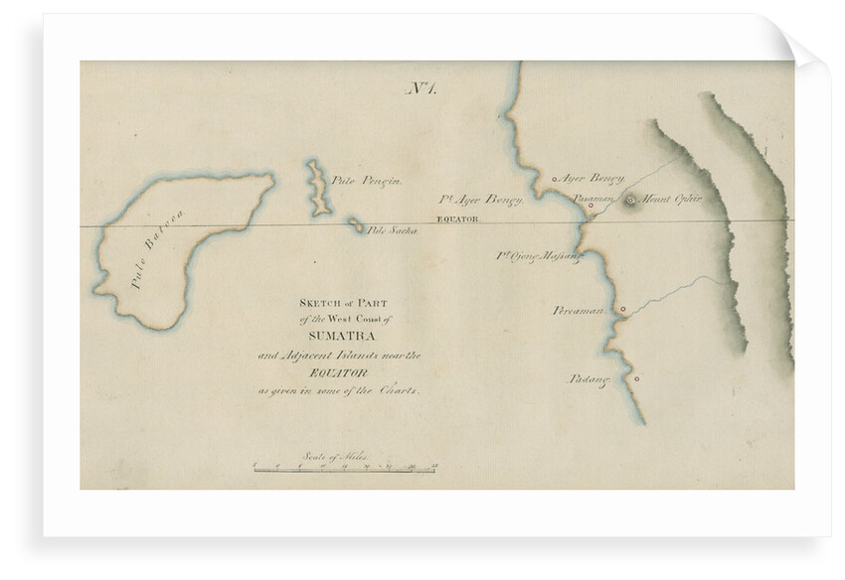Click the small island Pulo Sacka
click(355, 226)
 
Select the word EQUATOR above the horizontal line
click(459, 217)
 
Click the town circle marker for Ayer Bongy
click(555, 180)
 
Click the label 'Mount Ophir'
click(671, 200)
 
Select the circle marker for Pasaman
click(591, 206)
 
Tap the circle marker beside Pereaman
click(622, 310)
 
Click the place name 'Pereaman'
click(580, 311)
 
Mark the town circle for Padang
click(636, 378)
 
